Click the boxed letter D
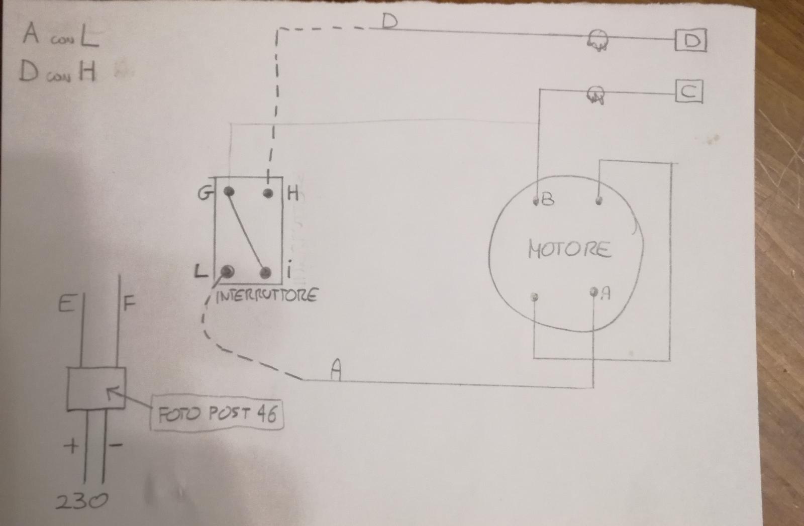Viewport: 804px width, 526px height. click(x=690, y=41)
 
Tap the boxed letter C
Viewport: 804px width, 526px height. click(x=689, y=92)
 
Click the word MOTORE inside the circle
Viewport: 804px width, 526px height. click(x=569, y=249)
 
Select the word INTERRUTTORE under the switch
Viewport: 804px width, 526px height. click(x=267, y=296)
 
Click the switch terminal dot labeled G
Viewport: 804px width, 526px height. click(x=229, y=191)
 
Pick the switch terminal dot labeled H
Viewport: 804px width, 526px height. click(x=268, y=193)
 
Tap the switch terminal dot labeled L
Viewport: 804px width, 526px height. click(x=227, y=272)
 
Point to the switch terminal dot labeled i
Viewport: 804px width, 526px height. click(x=265, y=273)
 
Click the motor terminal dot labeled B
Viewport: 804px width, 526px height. click(x=536, y=201)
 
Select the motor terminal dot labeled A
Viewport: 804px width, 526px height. click(x=593, y=292)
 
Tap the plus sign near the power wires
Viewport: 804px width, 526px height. click(x=71, y=446)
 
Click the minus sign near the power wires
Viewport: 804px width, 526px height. click(x=116, y=445)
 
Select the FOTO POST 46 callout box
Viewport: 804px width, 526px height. click(x=217, y=413)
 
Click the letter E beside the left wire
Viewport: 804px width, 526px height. click(x=66, y=304)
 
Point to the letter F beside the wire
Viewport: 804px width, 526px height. click(x=129, y=303)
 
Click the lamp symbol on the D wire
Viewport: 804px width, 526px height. click(x=597, y=41)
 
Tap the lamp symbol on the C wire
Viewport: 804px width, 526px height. click(x=595, y=95)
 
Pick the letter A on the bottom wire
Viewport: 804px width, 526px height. click(x=336, y=370)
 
